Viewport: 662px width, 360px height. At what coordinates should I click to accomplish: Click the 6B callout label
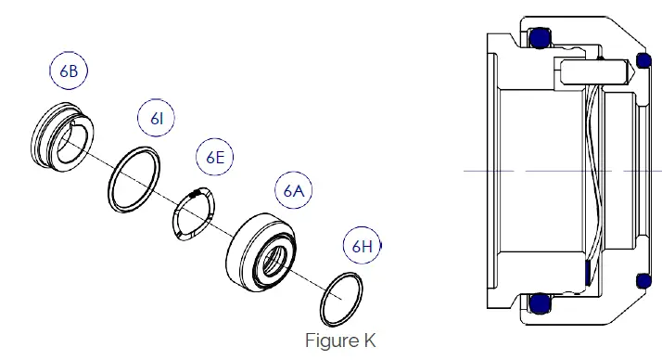70,70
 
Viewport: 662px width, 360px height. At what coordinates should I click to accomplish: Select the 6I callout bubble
157,118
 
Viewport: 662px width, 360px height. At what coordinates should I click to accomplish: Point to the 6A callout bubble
294,191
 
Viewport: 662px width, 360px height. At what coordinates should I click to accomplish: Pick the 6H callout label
362,246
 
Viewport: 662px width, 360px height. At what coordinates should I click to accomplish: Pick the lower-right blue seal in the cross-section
643,281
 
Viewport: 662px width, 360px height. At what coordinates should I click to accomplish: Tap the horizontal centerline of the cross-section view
556,172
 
